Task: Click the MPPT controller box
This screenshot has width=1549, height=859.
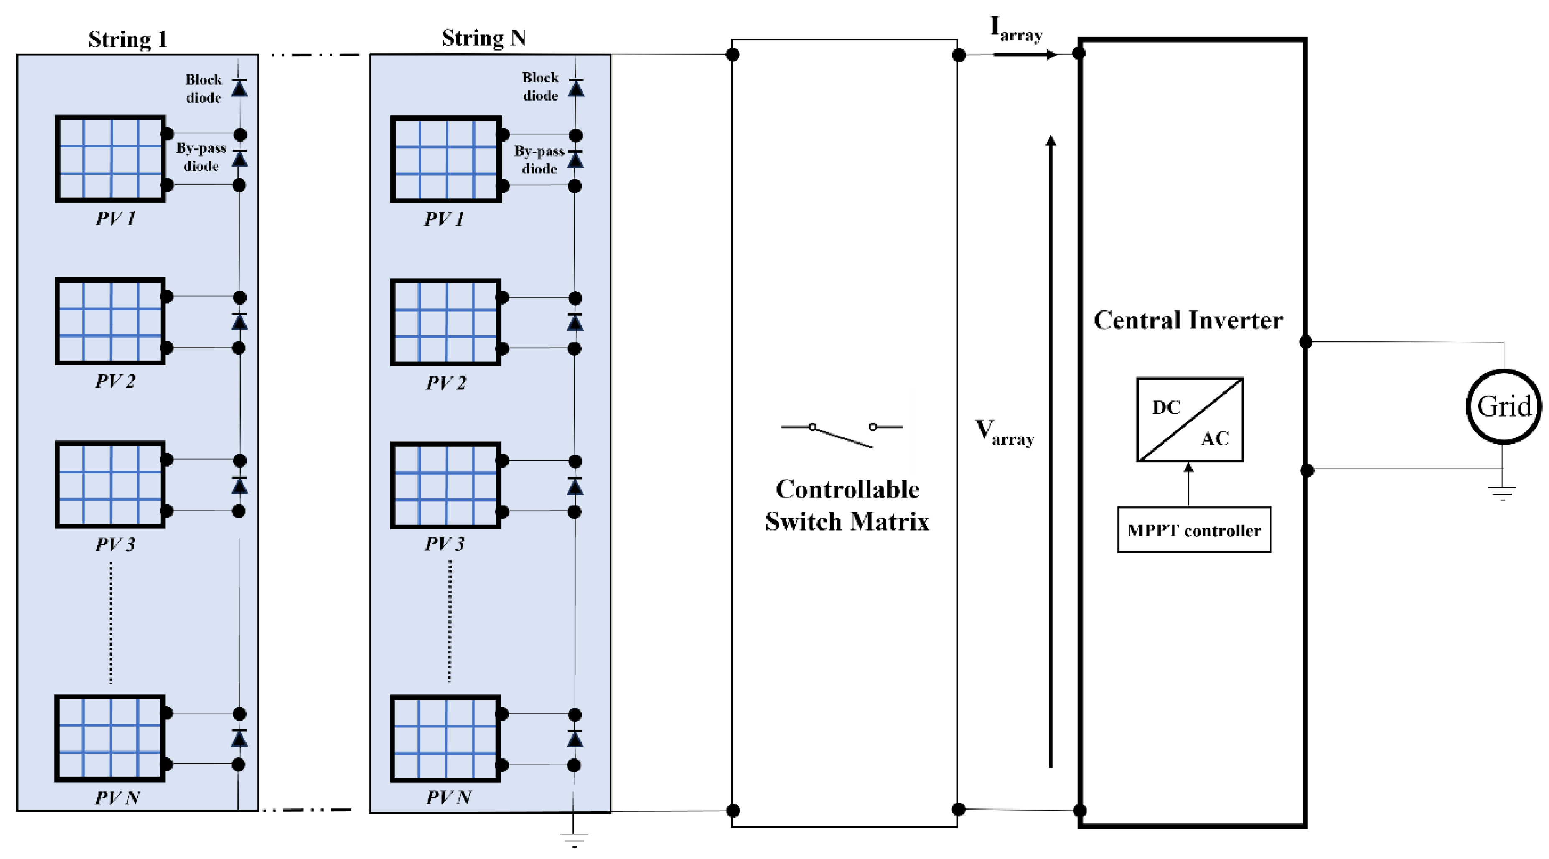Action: click(1194, 530)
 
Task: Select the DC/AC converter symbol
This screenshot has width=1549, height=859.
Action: click(1189, 419)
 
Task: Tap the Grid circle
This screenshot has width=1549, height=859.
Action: click(1503, 407)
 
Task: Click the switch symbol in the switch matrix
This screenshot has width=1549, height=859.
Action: click(842, 435)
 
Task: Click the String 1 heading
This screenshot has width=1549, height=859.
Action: click(127, 39)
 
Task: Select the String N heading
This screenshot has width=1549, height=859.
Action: click(483, 38)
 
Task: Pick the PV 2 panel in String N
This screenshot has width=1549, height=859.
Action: click(445, 322)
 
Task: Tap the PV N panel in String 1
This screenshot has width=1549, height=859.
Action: click(110, 738)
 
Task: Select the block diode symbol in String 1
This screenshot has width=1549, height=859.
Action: click(239, 88)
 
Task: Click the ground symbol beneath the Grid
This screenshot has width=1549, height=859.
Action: click(1502, 493)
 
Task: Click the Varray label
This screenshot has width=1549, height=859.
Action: click(1004, 432)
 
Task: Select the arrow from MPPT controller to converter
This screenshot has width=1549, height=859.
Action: click(1188, 484)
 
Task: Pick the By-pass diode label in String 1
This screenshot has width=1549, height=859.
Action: click(201, 157)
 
